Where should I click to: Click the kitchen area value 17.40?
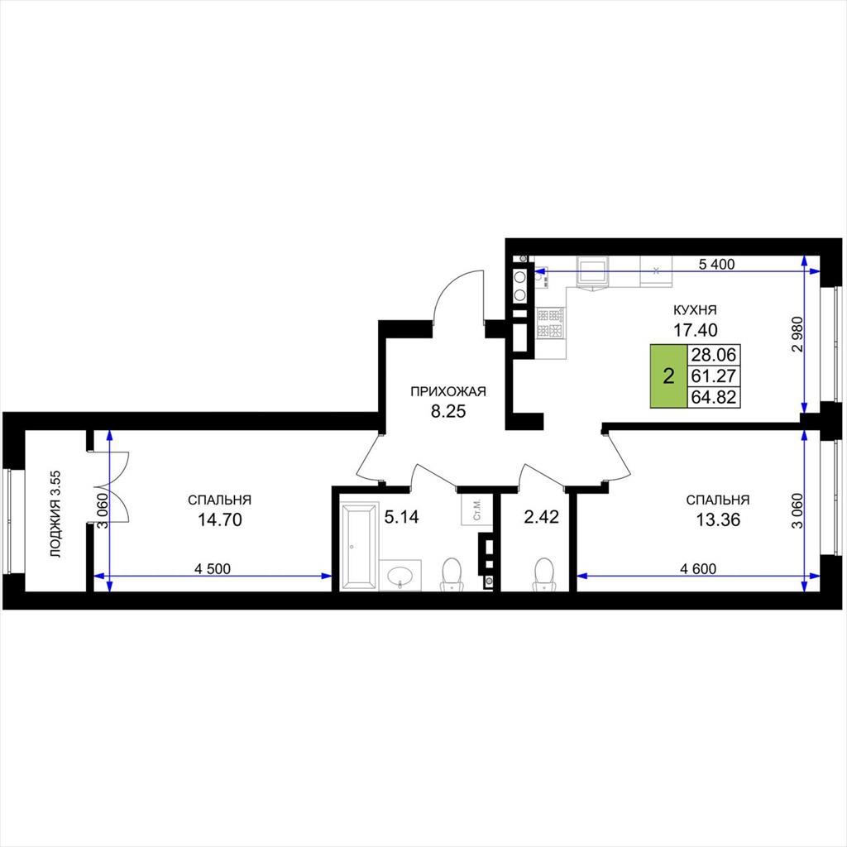click(x=695, y=329)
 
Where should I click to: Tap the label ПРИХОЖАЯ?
click(x=447, y=391)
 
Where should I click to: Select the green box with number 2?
click(x=668, y=376)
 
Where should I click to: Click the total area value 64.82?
click(x=714, y=397)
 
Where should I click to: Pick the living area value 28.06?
click(x=714, y=355)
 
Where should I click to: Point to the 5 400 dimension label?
click(x=717, y=264)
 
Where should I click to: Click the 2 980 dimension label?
click(x=797, y=334)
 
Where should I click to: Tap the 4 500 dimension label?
click(x=213, y=569)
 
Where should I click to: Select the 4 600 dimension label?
click(x=698, y=569)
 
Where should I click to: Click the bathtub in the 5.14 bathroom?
click(x=359, y=546)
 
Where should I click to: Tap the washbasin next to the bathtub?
click(x=400, y=576)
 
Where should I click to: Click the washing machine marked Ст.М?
click(x=477, y=509)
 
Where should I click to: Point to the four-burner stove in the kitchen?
click(x=550, y=323)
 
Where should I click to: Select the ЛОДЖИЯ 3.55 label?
click(x=55, y=514)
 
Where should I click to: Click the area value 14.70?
click(x=219, y=519)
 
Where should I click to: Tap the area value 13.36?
click(x=718, y=519)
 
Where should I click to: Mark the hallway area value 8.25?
click(x=447, y=412)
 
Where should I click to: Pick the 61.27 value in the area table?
click(x=714, y=376)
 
